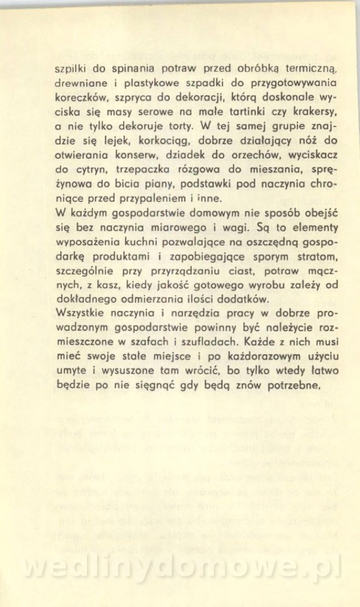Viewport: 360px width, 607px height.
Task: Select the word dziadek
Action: pos(172,151)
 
